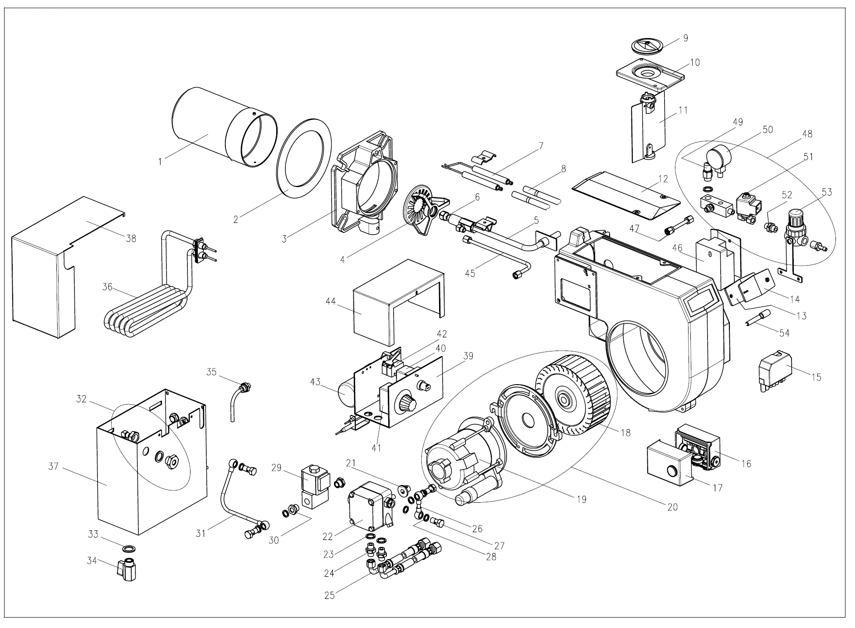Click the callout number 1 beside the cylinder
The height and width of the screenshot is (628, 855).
click(160, 161)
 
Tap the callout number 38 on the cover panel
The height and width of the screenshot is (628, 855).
click(131, 238)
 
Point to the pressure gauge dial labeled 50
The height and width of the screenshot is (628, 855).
click(718, 158)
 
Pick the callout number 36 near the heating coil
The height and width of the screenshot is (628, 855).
click(107, 287)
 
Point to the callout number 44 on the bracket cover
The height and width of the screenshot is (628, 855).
click(331, 301)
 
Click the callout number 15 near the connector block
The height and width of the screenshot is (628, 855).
click(816, 377)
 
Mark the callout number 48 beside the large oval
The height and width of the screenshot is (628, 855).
click(807, 134)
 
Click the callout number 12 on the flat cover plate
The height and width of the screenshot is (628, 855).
click(663, 179)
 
